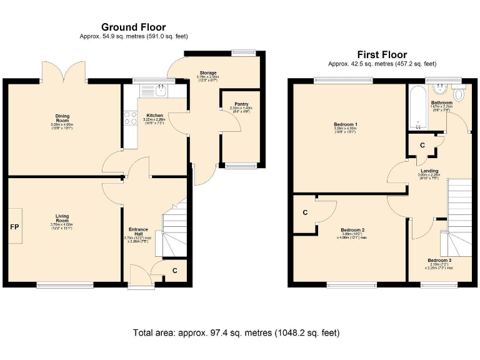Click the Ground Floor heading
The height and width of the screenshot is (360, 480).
(x=134, y=27)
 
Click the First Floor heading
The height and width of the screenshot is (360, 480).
(x=382, y=54)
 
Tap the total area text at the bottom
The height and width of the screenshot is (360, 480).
(x=236, y=332)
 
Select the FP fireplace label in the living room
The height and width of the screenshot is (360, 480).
(x=14, y=226)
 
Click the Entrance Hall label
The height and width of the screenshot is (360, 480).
(x=138, y=232)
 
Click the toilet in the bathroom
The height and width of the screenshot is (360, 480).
(x=459, y=95)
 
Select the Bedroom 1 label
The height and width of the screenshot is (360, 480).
(x=345, y=124)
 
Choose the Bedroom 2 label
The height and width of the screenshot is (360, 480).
(x=353, y=229)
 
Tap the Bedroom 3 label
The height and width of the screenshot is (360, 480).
(x=439, y=260)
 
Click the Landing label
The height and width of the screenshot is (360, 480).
(x=429, y=171)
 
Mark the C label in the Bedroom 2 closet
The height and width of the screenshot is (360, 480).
(x=305, y=212)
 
